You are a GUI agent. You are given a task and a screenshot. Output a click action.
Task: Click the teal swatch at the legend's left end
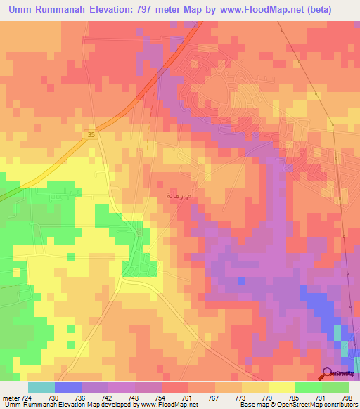(x=41, y=387)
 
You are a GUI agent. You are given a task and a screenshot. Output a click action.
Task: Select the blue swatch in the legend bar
(x=68, y=387)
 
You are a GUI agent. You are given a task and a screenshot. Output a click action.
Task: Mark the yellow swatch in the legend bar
(x=281, y=387)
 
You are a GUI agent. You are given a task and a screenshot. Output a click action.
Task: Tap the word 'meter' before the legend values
(x=11, y=397)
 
